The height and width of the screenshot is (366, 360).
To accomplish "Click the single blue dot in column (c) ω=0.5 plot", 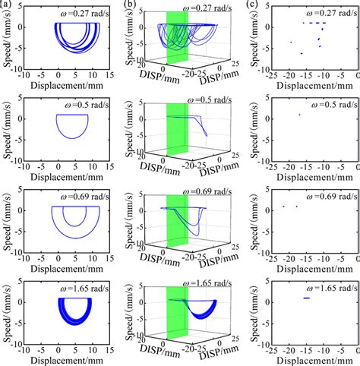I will click(299, 115).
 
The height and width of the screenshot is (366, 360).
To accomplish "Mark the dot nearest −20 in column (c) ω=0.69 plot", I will click(283, 207).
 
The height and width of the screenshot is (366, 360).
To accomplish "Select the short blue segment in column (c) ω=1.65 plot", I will click(307, 298).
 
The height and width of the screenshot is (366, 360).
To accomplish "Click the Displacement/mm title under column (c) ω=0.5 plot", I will click(307, 176).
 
